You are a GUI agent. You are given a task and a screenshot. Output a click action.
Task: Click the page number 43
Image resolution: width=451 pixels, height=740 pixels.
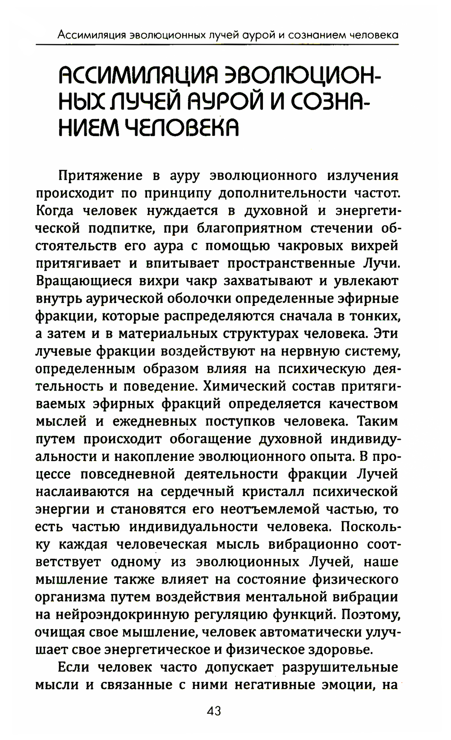[x=213, y=711]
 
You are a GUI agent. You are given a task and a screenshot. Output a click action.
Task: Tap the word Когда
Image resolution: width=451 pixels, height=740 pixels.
[x=56, y=211]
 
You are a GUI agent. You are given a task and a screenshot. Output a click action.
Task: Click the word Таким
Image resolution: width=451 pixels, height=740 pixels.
[x=377, y=421]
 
